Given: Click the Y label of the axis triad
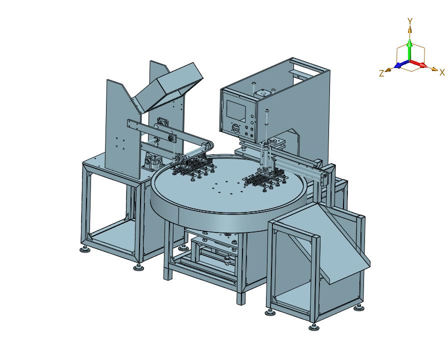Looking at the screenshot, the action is [410, 21].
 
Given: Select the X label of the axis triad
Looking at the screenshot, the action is [442, 72].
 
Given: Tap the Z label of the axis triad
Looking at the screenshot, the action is [381, 73].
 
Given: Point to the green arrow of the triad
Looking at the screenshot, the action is [409, 50].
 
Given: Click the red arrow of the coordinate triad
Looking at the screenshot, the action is [418, 64].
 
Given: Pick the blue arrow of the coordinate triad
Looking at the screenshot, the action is [401, 64].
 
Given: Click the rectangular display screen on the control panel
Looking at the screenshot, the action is [236, 110].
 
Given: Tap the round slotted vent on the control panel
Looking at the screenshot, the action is [235, 128].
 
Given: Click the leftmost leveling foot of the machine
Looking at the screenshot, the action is [85, 249].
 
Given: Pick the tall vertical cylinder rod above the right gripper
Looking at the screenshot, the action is [266, 127].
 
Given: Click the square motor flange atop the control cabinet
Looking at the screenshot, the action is [261, 92].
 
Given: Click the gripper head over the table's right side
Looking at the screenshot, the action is [265, 179].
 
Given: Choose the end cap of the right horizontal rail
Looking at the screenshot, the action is [323, 178].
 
